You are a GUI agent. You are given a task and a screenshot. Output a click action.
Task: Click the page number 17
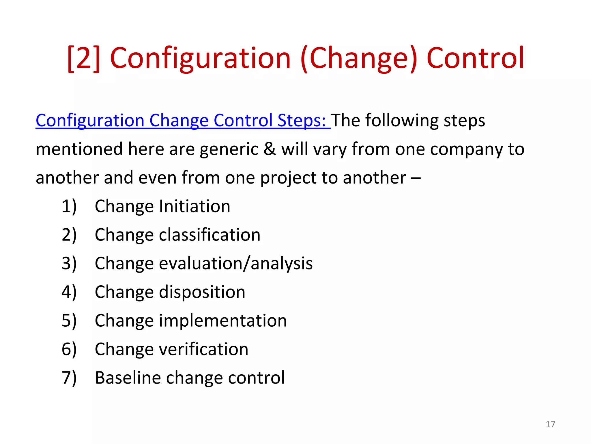point(550,424)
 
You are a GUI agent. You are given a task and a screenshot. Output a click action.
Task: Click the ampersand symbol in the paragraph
point(270,149)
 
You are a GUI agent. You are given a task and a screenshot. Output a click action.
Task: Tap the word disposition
point(202,292)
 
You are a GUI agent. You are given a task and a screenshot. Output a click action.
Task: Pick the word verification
point(203,349)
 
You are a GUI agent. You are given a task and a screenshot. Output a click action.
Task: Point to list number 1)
point(69,206)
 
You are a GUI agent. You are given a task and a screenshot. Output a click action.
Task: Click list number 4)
point(69,292)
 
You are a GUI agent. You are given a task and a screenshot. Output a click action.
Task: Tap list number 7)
point(69,378)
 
